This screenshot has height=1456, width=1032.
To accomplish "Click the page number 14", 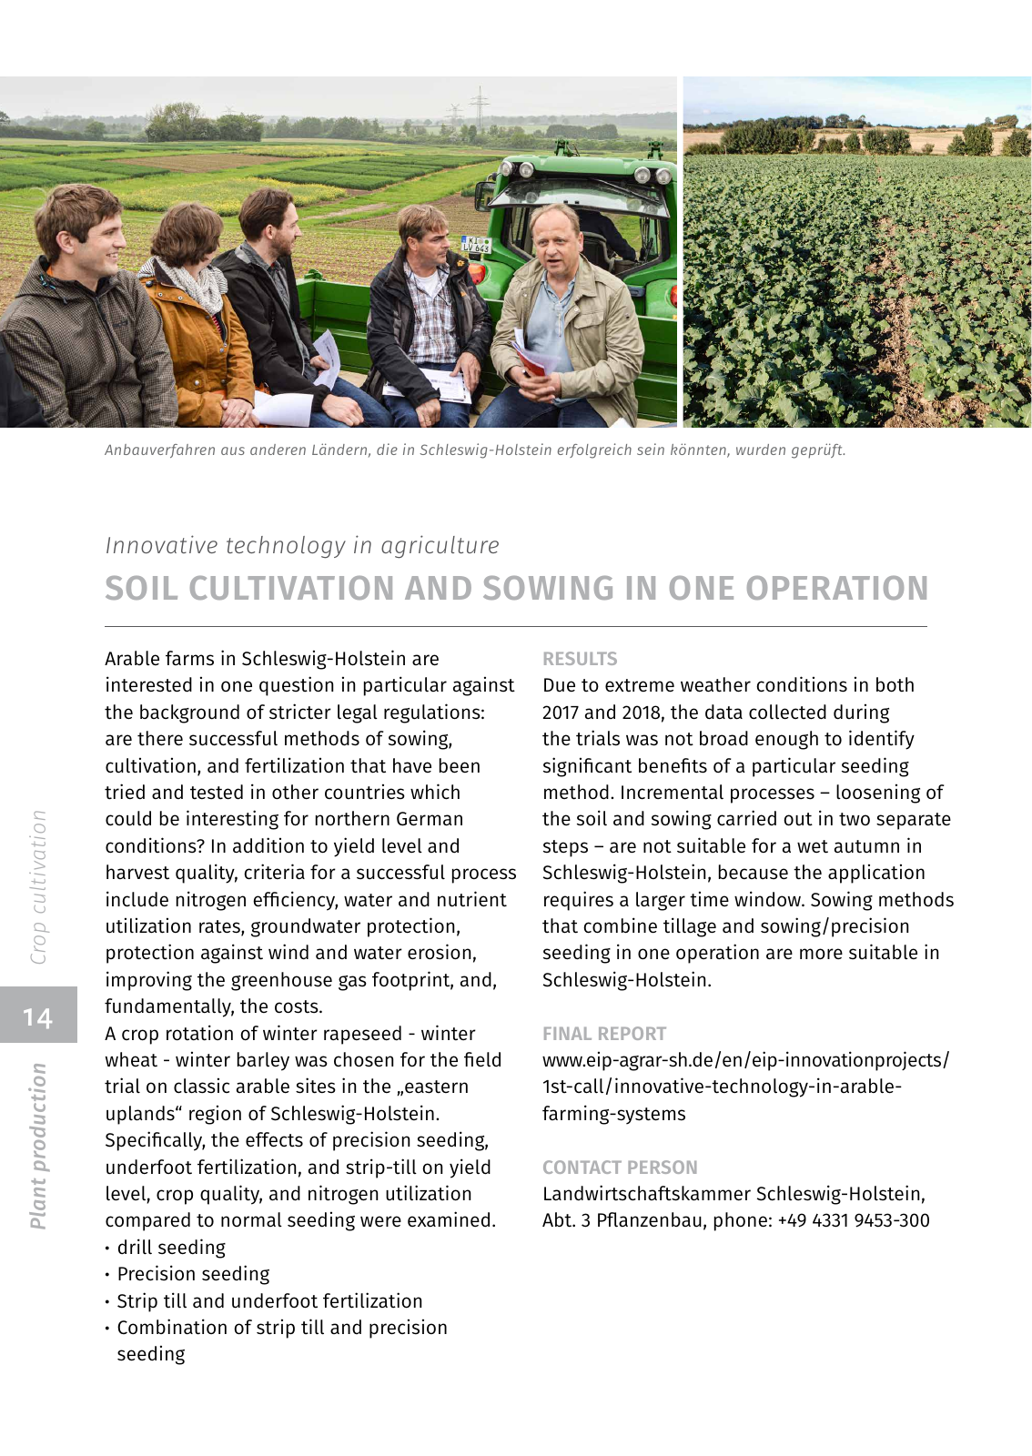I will (38, 1016).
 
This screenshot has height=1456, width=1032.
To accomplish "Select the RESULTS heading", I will (580, 659).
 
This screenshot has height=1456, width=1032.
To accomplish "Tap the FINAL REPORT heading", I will (604, 1034).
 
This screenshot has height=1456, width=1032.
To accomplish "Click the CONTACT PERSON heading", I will (620, 1168).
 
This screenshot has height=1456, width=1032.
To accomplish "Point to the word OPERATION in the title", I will (836, 589).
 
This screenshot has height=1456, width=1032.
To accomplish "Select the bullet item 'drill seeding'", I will (171, 1248).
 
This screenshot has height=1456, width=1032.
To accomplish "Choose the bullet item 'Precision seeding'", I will (193, 1274).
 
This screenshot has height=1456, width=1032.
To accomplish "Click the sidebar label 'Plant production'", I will (38, 1146).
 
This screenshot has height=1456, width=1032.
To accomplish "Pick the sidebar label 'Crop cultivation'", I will (38, 887).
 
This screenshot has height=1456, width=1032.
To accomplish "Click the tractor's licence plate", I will (476, 244).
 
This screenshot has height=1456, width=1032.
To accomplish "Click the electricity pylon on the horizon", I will (480, 106).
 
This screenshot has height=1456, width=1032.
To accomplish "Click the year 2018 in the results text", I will (641, 713).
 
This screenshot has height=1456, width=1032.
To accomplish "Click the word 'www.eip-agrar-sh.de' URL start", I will (628, 1060).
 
